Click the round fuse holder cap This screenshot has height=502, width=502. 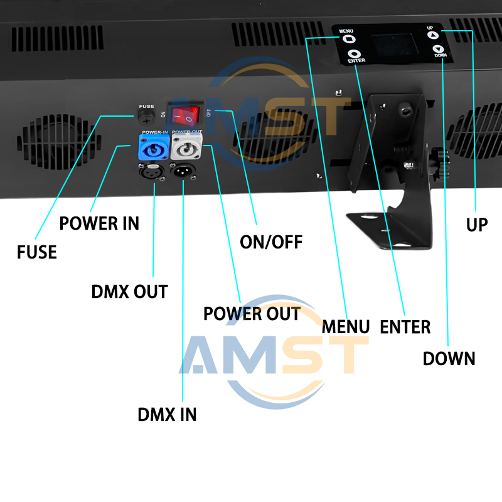[147, 117]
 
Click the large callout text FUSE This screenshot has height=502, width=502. [37, 252]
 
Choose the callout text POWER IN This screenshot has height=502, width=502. [99, 223]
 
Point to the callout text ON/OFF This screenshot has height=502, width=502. [271, 242]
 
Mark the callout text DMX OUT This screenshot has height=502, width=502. [129, 292]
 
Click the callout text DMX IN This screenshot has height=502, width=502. [167, 415]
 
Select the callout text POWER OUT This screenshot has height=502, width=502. [252, 314]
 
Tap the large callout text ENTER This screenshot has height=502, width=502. [405, 327]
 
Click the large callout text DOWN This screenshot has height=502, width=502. [449, 359]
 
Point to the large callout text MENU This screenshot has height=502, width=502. [346, 327]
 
